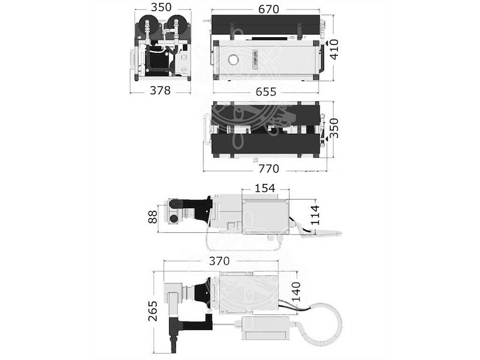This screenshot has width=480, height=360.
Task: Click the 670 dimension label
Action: coord(268,9)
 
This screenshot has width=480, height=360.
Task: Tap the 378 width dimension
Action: coord(160,91)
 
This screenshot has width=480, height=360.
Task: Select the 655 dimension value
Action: coord(266,92)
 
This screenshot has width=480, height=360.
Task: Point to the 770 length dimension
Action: coord(268,169)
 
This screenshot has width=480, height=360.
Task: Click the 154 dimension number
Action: coord(265,188)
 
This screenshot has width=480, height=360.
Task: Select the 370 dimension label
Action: coord(219,261)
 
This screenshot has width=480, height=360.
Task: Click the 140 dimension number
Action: coord(296,292)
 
